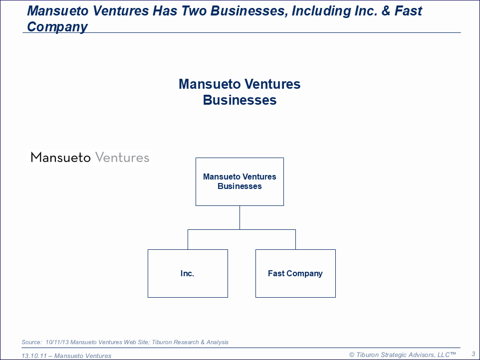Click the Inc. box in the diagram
[188, 273]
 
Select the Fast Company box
[295, 273]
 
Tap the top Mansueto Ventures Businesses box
[240, 181]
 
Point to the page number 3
[474, 354]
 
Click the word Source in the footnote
[31, 342]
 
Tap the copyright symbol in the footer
[352, 355]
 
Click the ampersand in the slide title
[386, 11]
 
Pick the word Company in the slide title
[57, 27]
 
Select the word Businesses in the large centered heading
[240, 100]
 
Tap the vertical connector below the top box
[240, 218]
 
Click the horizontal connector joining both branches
[242, 230]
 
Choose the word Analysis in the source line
[218, 342]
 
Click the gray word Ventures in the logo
[122, 158]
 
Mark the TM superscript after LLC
[453, 354]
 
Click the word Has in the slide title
[165, 11]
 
